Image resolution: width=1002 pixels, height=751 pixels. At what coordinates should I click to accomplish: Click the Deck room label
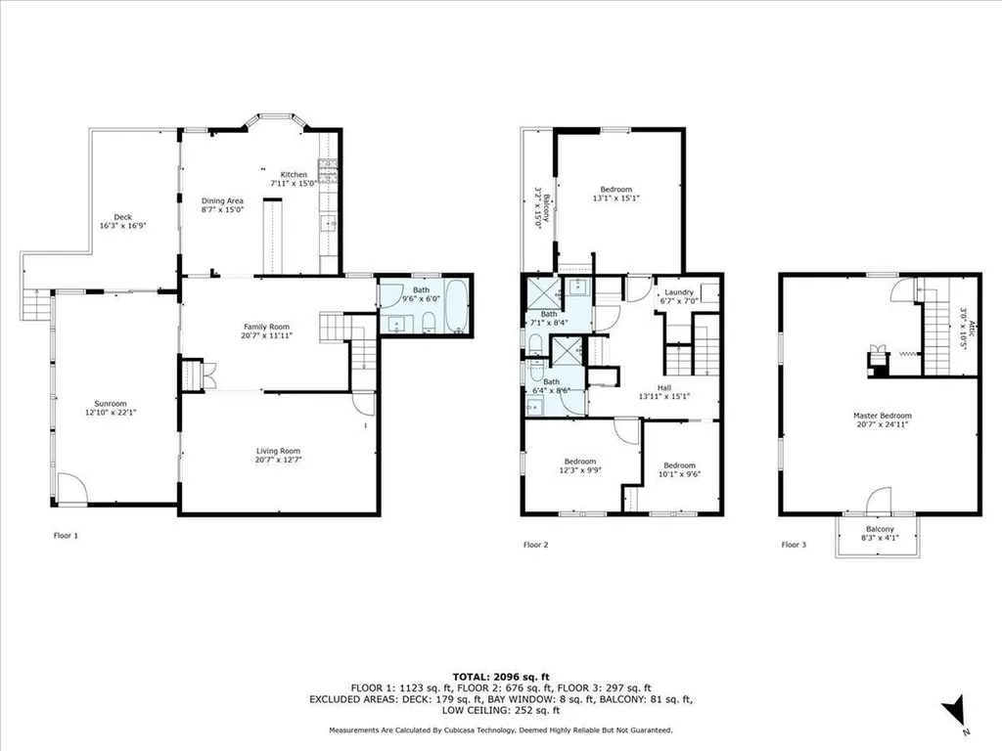click(122, 217)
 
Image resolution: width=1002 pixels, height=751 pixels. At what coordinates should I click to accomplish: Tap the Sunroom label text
click(111, 404)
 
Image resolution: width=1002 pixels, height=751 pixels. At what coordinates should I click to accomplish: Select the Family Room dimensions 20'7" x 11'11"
click(266, 335)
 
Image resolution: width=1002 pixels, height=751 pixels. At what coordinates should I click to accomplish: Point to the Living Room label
click(278, 451)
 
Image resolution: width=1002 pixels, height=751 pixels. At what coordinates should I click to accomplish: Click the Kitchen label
click(294, 174)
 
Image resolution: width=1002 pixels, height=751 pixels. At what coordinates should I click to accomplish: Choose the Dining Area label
click(222, 200)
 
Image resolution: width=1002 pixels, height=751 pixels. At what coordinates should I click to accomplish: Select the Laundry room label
click(679, 291)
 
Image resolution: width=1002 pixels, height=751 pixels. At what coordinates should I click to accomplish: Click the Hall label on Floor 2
click(664, 387)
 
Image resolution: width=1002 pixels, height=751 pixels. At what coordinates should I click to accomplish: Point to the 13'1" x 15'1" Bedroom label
click(616, 189)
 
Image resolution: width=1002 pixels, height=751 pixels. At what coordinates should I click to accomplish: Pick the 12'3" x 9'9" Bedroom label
click(580, 462)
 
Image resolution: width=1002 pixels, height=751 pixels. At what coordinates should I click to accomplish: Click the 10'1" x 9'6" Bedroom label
click(679, 465)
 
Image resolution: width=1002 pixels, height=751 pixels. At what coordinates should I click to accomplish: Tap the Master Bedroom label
click(883, 416)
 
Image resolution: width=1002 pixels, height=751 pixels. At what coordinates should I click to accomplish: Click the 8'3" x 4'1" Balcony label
click(880, 529)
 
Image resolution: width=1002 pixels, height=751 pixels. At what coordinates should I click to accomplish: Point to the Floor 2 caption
click(535, 545)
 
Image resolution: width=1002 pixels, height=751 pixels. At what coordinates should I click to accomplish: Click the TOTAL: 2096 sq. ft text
click(501, 677)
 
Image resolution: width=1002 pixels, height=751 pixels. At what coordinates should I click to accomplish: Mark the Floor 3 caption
click(794, 545)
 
